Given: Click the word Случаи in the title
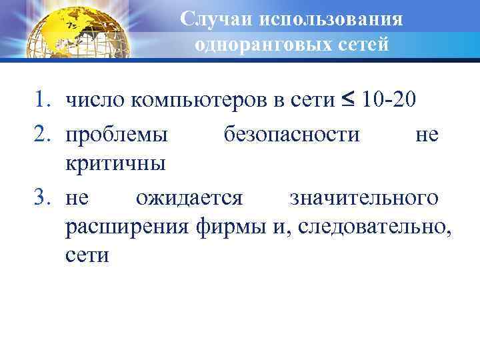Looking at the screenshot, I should (215, 19).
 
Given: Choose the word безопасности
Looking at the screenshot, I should (291, 135).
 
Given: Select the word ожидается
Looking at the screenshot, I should (190, 198).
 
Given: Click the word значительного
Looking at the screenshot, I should (364, 198).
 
